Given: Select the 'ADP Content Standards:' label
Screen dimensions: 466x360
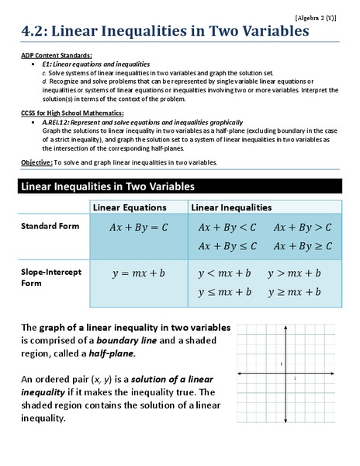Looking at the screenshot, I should pos(56,55).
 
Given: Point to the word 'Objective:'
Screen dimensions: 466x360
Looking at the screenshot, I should pos(36,162).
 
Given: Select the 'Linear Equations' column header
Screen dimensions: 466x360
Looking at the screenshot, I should pos(130,208).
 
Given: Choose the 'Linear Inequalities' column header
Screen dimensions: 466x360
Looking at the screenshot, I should pos(231,208).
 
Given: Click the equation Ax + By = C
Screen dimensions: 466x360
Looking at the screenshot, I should pos(138,228).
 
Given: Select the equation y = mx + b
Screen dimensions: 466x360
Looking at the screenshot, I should pos(138,274).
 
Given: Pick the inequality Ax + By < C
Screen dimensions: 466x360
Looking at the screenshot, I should pos(227,228).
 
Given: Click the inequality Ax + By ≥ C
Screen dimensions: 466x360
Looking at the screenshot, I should pos(302,245).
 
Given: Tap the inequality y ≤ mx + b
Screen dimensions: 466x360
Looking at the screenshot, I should pos(224,292).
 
